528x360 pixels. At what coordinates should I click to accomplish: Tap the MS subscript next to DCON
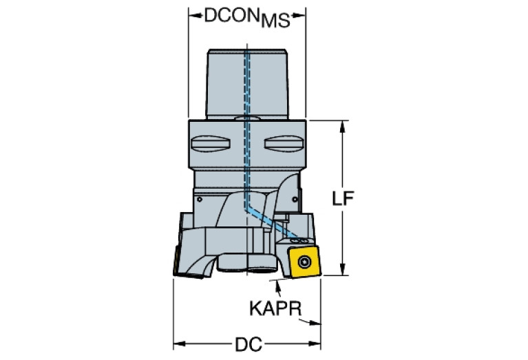274,21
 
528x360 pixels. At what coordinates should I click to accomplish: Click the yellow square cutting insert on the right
304,262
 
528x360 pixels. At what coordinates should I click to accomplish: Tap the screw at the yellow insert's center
304,262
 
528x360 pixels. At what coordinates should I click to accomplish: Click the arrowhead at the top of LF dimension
343,125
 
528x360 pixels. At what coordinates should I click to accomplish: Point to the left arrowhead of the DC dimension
178,343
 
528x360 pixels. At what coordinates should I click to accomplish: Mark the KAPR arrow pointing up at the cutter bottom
277,283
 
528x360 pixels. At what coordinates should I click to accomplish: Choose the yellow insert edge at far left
176,264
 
